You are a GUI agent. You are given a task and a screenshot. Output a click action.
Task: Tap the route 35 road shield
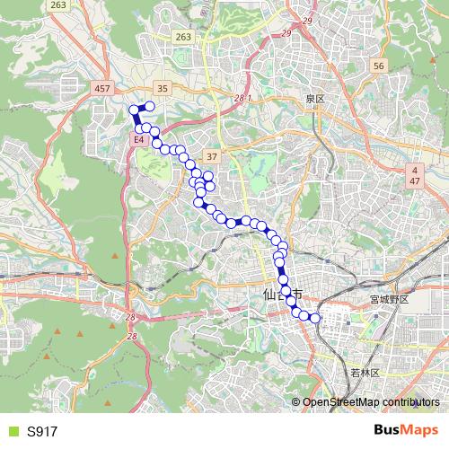point(162,88)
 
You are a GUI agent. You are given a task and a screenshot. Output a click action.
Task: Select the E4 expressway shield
point(139,141)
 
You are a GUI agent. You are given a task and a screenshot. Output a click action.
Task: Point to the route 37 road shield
point(212,155)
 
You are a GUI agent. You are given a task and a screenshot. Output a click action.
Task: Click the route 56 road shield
point(378,66)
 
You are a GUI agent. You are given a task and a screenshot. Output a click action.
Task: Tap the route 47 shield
point(415,181)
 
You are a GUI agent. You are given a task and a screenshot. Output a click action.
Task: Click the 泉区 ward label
point(313,98)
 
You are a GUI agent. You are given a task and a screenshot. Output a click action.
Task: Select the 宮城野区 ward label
point(389,299)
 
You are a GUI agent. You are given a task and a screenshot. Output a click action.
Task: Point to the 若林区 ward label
point(368,372)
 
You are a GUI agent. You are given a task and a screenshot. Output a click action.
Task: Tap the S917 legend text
point(42,431)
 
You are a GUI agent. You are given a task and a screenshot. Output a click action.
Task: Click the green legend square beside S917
point(12,431)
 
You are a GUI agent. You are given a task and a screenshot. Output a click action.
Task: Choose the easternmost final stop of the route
point(314,317)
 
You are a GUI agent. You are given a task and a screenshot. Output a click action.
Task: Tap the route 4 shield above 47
point(415,169)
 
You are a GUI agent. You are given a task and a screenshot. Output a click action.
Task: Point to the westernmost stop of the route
point(135,110)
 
